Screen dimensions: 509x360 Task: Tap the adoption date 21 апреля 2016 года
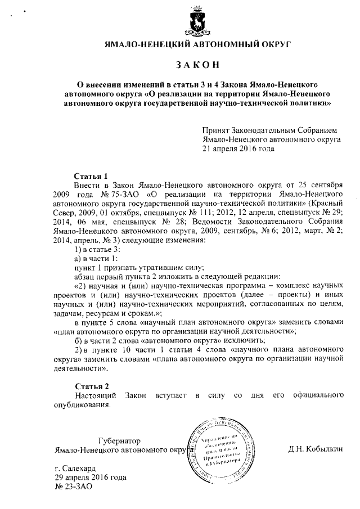coord(238,149)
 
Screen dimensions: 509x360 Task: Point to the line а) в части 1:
coord(96,258)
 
